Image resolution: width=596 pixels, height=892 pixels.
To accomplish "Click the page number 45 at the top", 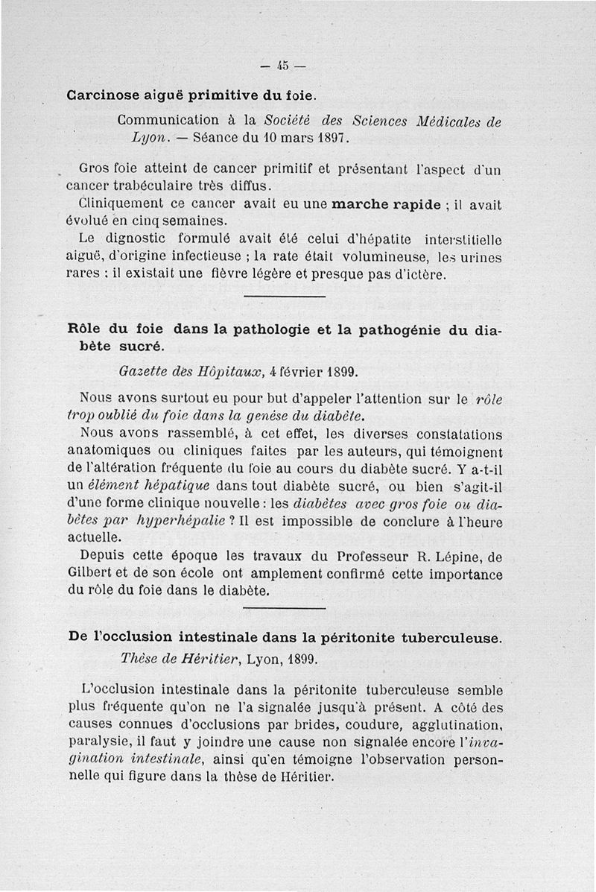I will tap(283, 66).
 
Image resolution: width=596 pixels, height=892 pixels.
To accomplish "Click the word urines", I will tap(481, 257).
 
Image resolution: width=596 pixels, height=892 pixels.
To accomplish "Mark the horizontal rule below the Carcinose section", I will tap(285, 298).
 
